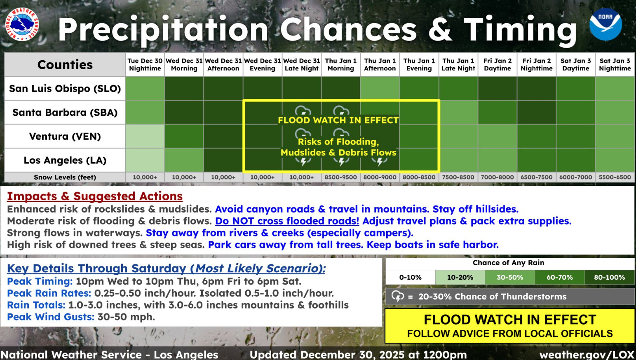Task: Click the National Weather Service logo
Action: pyautogui.click(x=22, y=24)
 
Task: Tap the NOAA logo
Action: pyautogui.click(x=605, y=24)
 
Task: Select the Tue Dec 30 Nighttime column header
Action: pyautogui.click(x=145, y=64)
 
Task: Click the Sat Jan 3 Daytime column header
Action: pyautogui.click(x=575, y=64)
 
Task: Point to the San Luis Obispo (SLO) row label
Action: pyautogui.click(x=65, y=89)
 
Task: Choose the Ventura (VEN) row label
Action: pyautogui.click(x=65, y=136)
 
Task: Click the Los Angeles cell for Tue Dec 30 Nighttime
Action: pyautogui.click(x=145, y=160)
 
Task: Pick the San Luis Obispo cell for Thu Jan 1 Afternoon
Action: pyautogui.click(x=380, y=88)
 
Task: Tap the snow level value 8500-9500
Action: pyautogui.click(x=341, y=177)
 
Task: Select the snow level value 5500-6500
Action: pyautogui.click(x=615, y=177)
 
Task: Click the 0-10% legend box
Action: pyautogui.click(x=410, y=277)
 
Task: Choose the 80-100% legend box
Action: pyautogui.click(x=609, y=277)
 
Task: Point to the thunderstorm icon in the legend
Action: pyautogui.click(x=397, y=297)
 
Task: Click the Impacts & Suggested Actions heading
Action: pyautogui.click(x=95, y=196)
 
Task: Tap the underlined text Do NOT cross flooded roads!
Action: pyautogui.click(x=287, y=221)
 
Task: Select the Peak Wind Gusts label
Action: pyautogui.click(x=51, y=317)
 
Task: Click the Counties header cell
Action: pyautogui.click(x=65, y=65)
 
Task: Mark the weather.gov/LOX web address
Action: pyautogui.click(x=587, y=355)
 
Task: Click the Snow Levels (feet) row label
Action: pyautogui.click(x=65, y=177)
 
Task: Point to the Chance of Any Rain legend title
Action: pyautogui.click(x=509, y=263)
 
